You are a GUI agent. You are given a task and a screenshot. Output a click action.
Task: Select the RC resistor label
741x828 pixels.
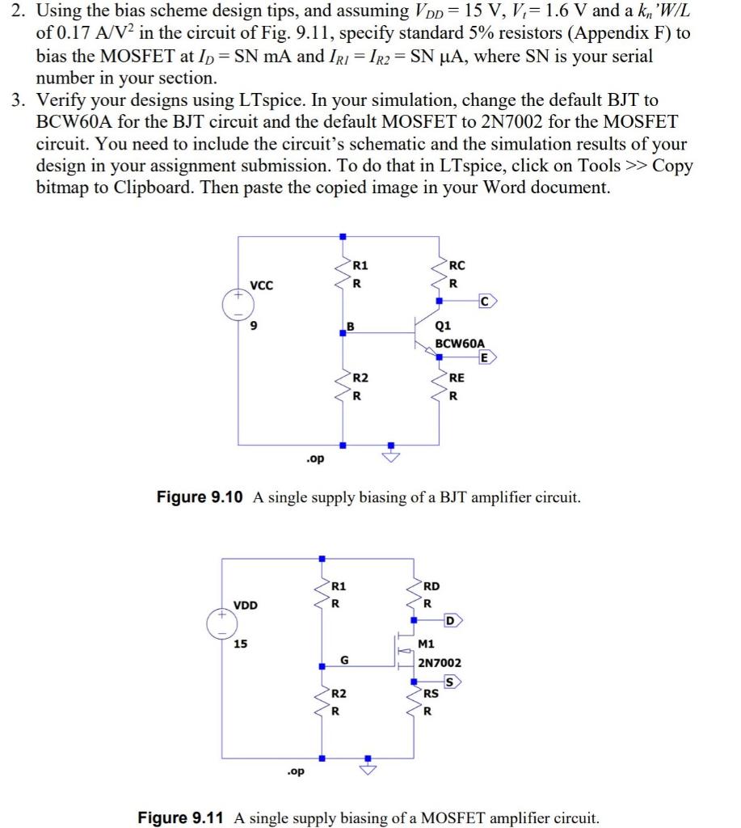(457, 264)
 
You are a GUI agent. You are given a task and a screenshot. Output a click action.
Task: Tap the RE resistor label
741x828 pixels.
(457, 377)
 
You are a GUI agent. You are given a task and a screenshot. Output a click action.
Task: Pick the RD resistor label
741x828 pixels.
(433, 585)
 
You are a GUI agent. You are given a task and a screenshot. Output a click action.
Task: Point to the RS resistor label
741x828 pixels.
(432, 693)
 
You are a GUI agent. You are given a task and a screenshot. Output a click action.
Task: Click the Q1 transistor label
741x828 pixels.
(443, 327)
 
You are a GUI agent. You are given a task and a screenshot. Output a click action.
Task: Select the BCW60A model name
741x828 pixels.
(459, 343)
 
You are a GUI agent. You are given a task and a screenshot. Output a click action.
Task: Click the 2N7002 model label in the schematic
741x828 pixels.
(440, 662)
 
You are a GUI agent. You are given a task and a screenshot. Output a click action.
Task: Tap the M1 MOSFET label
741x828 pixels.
(427, 644)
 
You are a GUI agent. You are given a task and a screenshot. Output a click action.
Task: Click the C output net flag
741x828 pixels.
(486, 302)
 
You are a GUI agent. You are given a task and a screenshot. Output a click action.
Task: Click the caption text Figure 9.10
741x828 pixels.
(200, 497)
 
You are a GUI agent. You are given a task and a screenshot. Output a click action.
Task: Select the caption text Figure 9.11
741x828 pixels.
(181, 817)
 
